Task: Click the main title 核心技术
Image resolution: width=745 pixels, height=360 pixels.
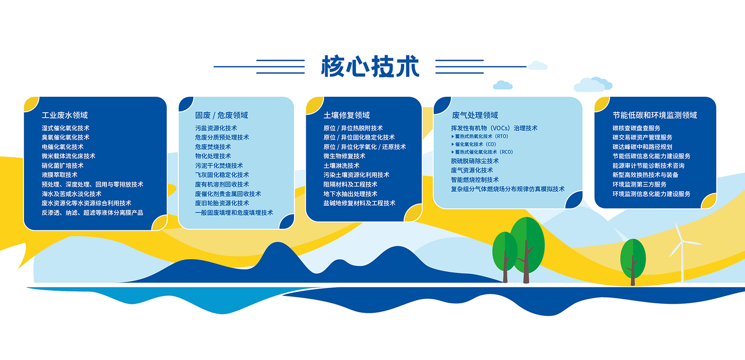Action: (370, 67)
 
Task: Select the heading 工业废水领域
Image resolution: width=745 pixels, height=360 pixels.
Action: (65, 115)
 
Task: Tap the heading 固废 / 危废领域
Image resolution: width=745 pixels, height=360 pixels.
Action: (222, 115)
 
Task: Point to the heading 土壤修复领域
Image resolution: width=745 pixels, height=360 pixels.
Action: (347, 115)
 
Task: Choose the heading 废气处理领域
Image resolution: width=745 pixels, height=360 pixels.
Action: (475, 115)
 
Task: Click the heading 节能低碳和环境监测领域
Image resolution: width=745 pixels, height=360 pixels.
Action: (655, 115)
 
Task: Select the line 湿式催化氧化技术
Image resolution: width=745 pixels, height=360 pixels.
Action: (66, 128)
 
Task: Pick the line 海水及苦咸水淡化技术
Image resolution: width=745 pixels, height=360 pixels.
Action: (72, 194)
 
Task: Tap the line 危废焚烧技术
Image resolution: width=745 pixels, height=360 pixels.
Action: (213, 147)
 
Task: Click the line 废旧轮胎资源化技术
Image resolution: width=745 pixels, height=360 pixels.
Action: (222, 203)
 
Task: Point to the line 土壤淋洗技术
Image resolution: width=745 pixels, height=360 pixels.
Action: (341, 165)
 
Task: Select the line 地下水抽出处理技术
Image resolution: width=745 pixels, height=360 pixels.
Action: (350, 194)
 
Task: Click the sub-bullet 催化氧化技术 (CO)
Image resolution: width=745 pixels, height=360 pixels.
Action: (474, 144)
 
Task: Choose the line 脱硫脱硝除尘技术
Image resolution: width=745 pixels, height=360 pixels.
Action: (475, 161)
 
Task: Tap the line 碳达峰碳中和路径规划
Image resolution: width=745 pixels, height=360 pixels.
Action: (642, 147)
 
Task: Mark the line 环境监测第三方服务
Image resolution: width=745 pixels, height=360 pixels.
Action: (639, 185)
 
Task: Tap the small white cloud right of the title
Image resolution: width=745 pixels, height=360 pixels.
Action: (537, 66)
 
